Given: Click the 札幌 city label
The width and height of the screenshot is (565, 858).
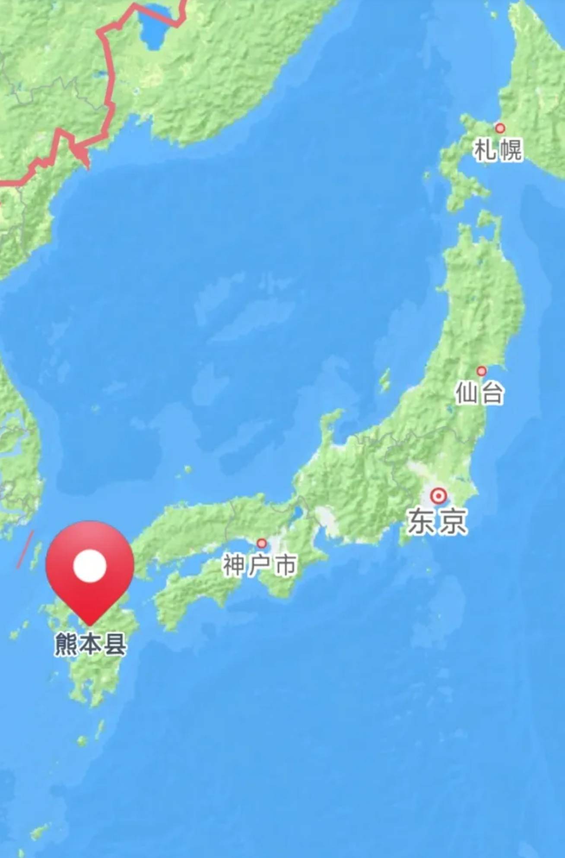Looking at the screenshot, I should [x=498, y=150].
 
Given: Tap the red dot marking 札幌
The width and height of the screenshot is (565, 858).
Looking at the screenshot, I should [x=500, y=128].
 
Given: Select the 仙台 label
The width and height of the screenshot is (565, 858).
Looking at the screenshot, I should [x=479, y=393].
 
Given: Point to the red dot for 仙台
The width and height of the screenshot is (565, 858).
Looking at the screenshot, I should [x=481, y=371].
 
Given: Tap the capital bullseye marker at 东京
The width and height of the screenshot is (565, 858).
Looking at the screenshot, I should [x=438, y=496].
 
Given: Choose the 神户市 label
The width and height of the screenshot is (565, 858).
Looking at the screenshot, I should [x=260, y=565].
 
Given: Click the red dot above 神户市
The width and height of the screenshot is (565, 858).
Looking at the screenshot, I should [x=261, y=543].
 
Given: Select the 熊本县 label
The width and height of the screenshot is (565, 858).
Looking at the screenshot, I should [x=91, y=644].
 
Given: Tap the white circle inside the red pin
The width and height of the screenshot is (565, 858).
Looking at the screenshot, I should [x=90, y=566].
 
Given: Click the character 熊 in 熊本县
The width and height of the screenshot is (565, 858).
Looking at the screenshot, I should [x=67, y=644].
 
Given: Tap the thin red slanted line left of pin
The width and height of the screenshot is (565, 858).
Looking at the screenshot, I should [x=25, y=549].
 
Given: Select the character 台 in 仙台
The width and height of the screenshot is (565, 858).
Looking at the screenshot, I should [x=492, y=393].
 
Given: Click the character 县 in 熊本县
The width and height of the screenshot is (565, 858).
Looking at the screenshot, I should [x=115, y=644].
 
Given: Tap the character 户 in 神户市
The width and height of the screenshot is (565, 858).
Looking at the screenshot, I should [x=260, y=565].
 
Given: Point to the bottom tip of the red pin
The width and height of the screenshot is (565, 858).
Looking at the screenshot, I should [x=90, y=624].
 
